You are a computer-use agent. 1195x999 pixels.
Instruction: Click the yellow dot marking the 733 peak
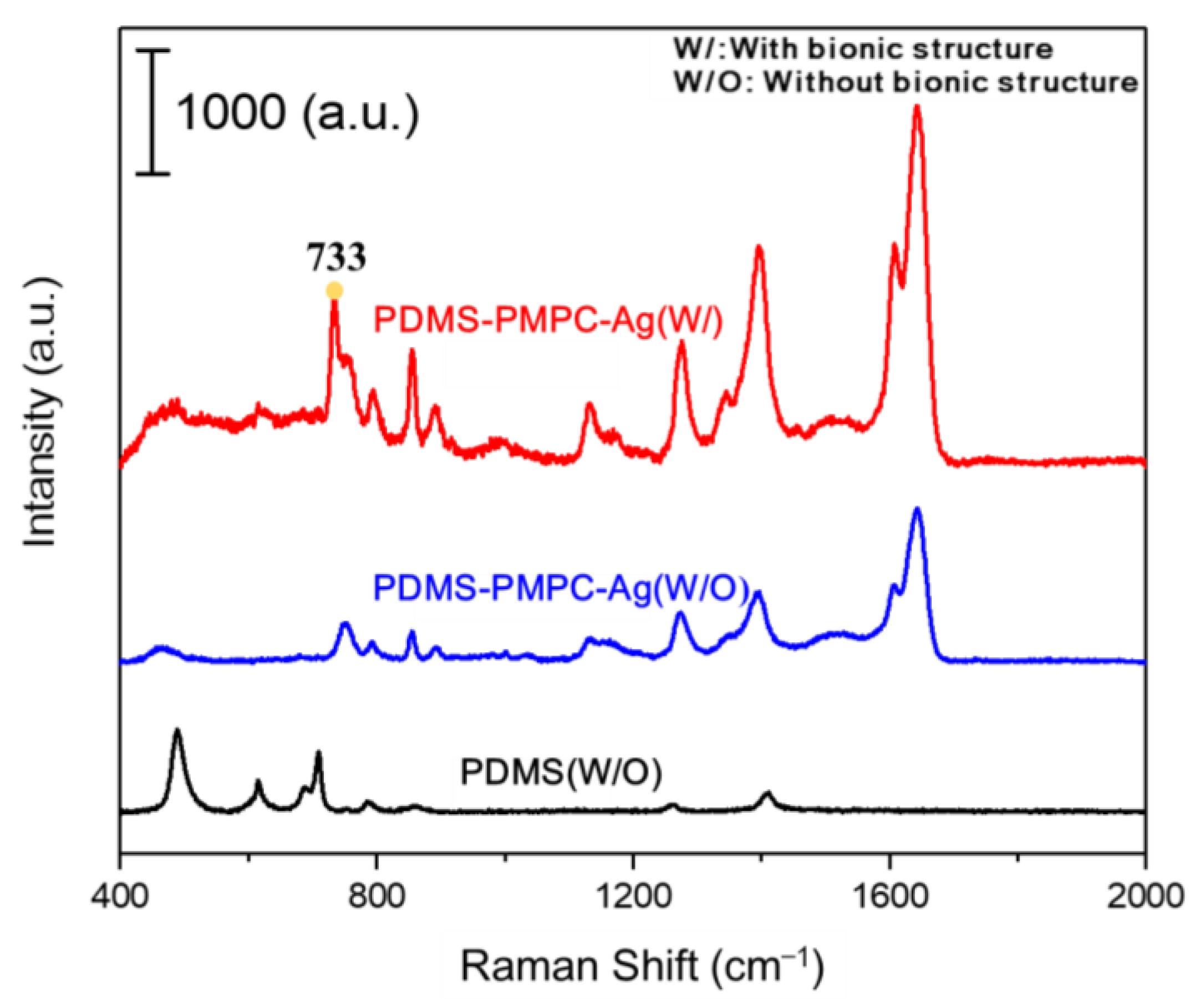point(334,291)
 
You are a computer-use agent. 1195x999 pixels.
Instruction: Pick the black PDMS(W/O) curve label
point(561,773)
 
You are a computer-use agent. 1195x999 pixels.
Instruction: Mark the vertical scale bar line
point(152,111)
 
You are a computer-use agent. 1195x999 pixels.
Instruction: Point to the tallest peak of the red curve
point(917,108)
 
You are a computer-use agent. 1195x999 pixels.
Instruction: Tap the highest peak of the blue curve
point(917,509)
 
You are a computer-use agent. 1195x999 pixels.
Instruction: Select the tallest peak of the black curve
point(177,731)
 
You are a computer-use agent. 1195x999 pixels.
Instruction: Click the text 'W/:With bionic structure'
point(863,49)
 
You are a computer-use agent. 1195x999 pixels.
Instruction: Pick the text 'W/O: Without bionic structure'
point(906,83)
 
